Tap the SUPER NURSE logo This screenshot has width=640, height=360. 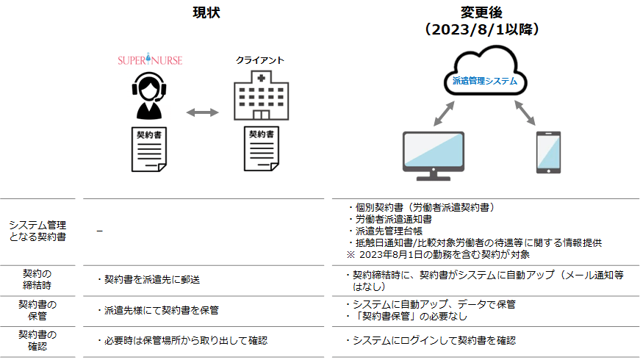click(150, 59)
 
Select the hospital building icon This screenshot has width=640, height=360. click(259, 96)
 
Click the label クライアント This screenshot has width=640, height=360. click(259, 60)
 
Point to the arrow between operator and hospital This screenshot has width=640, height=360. click(202, 112)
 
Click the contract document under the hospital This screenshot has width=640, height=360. click(262, 150)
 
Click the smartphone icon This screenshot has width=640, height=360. click(548, 153)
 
